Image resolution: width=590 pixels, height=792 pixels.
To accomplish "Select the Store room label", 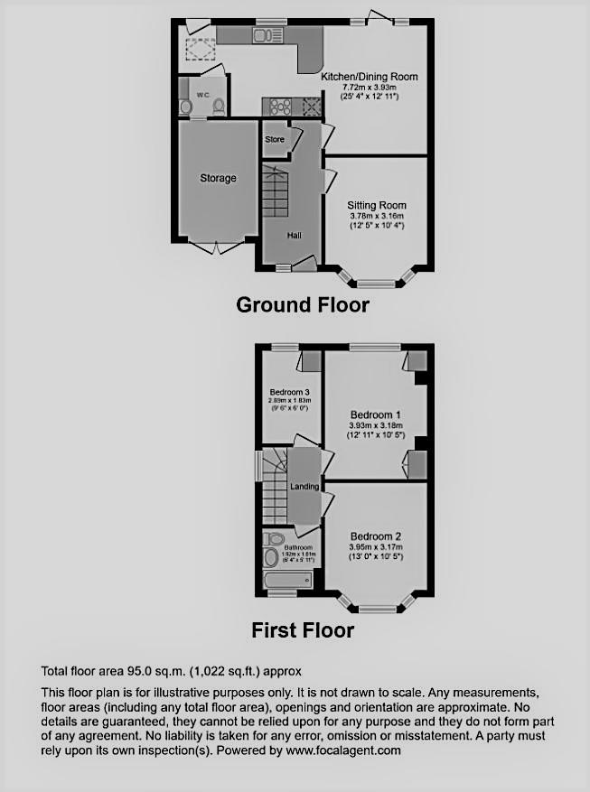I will [x=275, y=139].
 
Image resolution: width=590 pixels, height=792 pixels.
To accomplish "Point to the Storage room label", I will [x=218, y=178].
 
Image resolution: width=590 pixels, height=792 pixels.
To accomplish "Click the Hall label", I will [x=295, y=235].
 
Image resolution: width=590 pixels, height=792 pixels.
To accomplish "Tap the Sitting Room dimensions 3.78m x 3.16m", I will [x=377, y=216].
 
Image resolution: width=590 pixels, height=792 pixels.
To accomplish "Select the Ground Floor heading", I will [x=302, y=305].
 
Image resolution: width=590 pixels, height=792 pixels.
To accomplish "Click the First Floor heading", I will [x=303, y=629].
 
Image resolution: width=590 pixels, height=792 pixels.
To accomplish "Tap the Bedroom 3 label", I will [x=289, y=391].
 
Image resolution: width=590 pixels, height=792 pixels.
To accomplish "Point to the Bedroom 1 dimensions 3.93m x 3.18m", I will [x=377, y=425].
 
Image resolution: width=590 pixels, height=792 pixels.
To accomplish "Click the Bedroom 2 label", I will [x=377, y=535].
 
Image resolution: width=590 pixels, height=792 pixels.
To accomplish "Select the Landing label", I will [x=304, y=487].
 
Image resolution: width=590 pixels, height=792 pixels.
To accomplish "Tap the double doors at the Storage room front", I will [x=218, y=245].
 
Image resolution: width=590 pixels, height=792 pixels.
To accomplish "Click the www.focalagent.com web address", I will [x=342, y=750].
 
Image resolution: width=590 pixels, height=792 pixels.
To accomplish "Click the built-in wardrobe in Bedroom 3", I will [x=310, y=360].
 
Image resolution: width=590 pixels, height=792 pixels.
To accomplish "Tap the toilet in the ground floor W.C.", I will [x=218, y=107].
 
